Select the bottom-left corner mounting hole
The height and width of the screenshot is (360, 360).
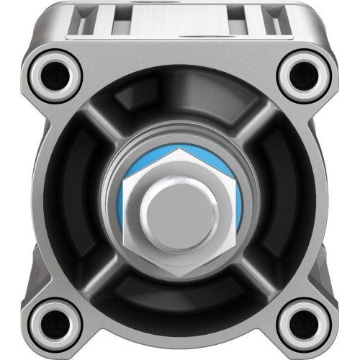[x=55, y=321]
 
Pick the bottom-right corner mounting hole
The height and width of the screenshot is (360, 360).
[x=304, y=321]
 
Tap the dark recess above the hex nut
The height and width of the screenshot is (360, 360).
[x=179, y=108]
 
